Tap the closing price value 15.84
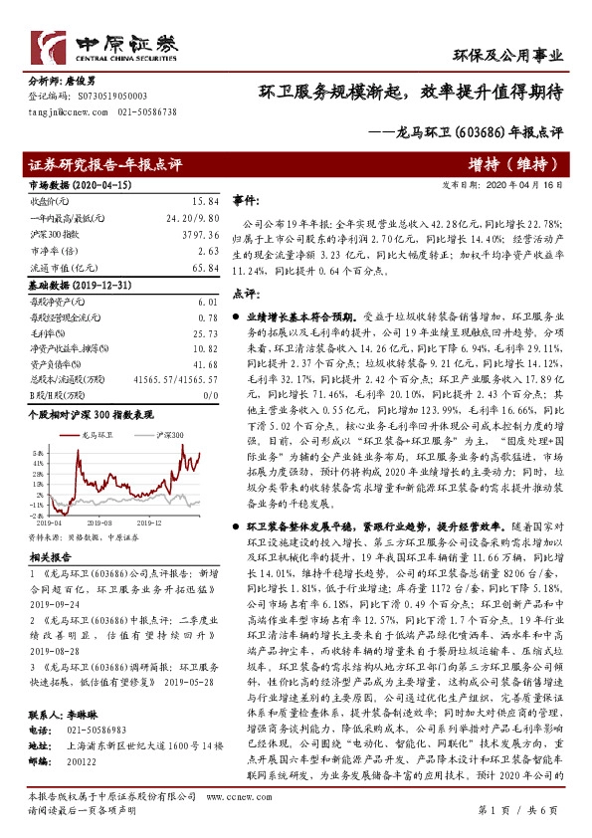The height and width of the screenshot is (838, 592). coord(203,201)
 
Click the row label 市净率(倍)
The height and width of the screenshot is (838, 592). coord(51,252)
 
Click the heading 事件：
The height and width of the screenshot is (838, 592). coord(246,200)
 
